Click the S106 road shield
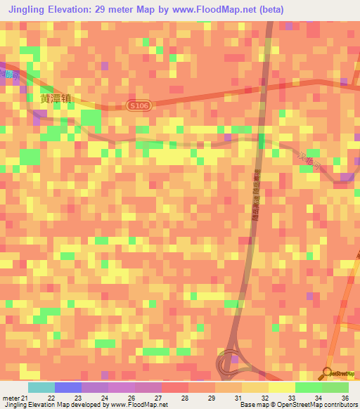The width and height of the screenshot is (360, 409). pyautogui.click(x=138, y=105)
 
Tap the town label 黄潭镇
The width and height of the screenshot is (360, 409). pyautogui.click(x=56, y=99)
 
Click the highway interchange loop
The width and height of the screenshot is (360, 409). pyautogui.click(x=230, y=363)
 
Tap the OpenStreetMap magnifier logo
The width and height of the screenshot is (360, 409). pyautogui.click(x=327, y=373)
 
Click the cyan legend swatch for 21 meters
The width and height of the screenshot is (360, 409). pyautogui.click(x=41, y=387)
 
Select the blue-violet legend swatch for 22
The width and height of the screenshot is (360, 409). pyautogui.click(x=68, y=387)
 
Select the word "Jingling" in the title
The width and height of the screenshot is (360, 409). pyautogui.click(x=30, y=8)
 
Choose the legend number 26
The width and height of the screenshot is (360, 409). pyautogui.click(x=130, y=398)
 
